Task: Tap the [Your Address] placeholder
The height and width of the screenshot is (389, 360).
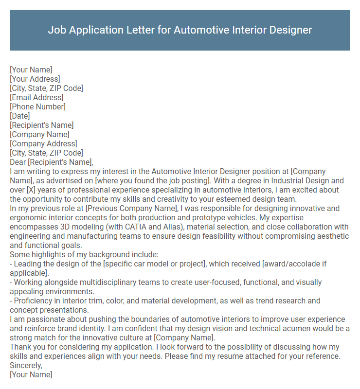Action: tap(35, 79)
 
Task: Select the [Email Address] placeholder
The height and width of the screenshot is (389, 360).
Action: tap(36, 97)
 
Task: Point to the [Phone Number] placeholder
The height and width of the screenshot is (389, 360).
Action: tap(37, 106)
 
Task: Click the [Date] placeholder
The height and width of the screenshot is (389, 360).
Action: tap(20, 116)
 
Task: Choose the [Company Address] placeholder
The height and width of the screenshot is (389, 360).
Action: tap(43, 143)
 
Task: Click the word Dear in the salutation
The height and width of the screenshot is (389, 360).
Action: tap(18, 162)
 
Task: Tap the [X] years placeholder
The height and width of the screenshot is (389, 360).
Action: tap(33, 190)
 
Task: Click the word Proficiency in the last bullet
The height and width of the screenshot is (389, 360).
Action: tap(35, 301)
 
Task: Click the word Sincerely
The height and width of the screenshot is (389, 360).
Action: tap(26, 365)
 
